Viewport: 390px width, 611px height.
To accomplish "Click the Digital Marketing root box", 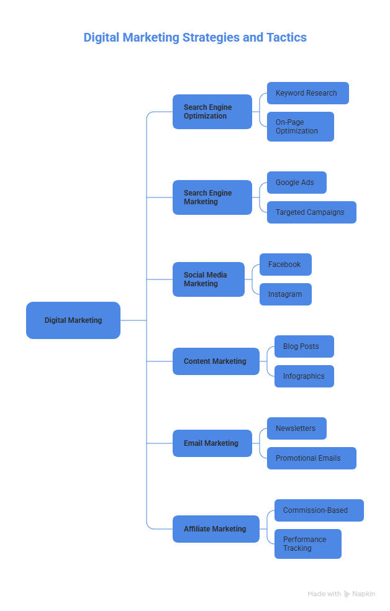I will point(73,320).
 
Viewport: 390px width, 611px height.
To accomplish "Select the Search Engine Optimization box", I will point(212,112).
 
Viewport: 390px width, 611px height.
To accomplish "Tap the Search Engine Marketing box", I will point(212,197).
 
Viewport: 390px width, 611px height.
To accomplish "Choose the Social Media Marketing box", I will point(209,279).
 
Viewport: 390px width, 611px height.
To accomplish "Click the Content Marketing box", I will point(216,361).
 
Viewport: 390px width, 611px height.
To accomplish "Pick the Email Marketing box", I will point(212,443).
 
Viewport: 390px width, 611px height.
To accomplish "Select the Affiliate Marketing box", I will point(216,529).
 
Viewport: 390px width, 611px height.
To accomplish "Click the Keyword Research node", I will point(308,93).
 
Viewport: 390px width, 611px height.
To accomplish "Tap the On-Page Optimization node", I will point(301,127).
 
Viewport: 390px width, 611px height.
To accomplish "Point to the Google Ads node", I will point(297,183).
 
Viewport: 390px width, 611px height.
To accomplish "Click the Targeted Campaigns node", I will point(312,212).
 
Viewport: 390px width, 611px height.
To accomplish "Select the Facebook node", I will point(286,265).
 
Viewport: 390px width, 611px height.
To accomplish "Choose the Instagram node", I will point(286,294).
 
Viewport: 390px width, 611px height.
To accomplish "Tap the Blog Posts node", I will point(304,346).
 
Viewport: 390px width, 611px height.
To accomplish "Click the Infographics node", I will point(304,376).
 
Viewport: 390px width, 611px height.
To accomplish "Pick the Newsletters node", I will point(297,428).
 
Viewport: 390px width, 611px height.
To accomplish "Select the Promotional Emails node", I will point(312,458).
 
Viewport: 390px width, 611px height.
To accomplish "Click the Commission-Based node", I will point(319,510).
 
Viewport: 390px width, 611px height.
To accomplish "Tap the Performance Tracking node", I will point(308,544).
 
